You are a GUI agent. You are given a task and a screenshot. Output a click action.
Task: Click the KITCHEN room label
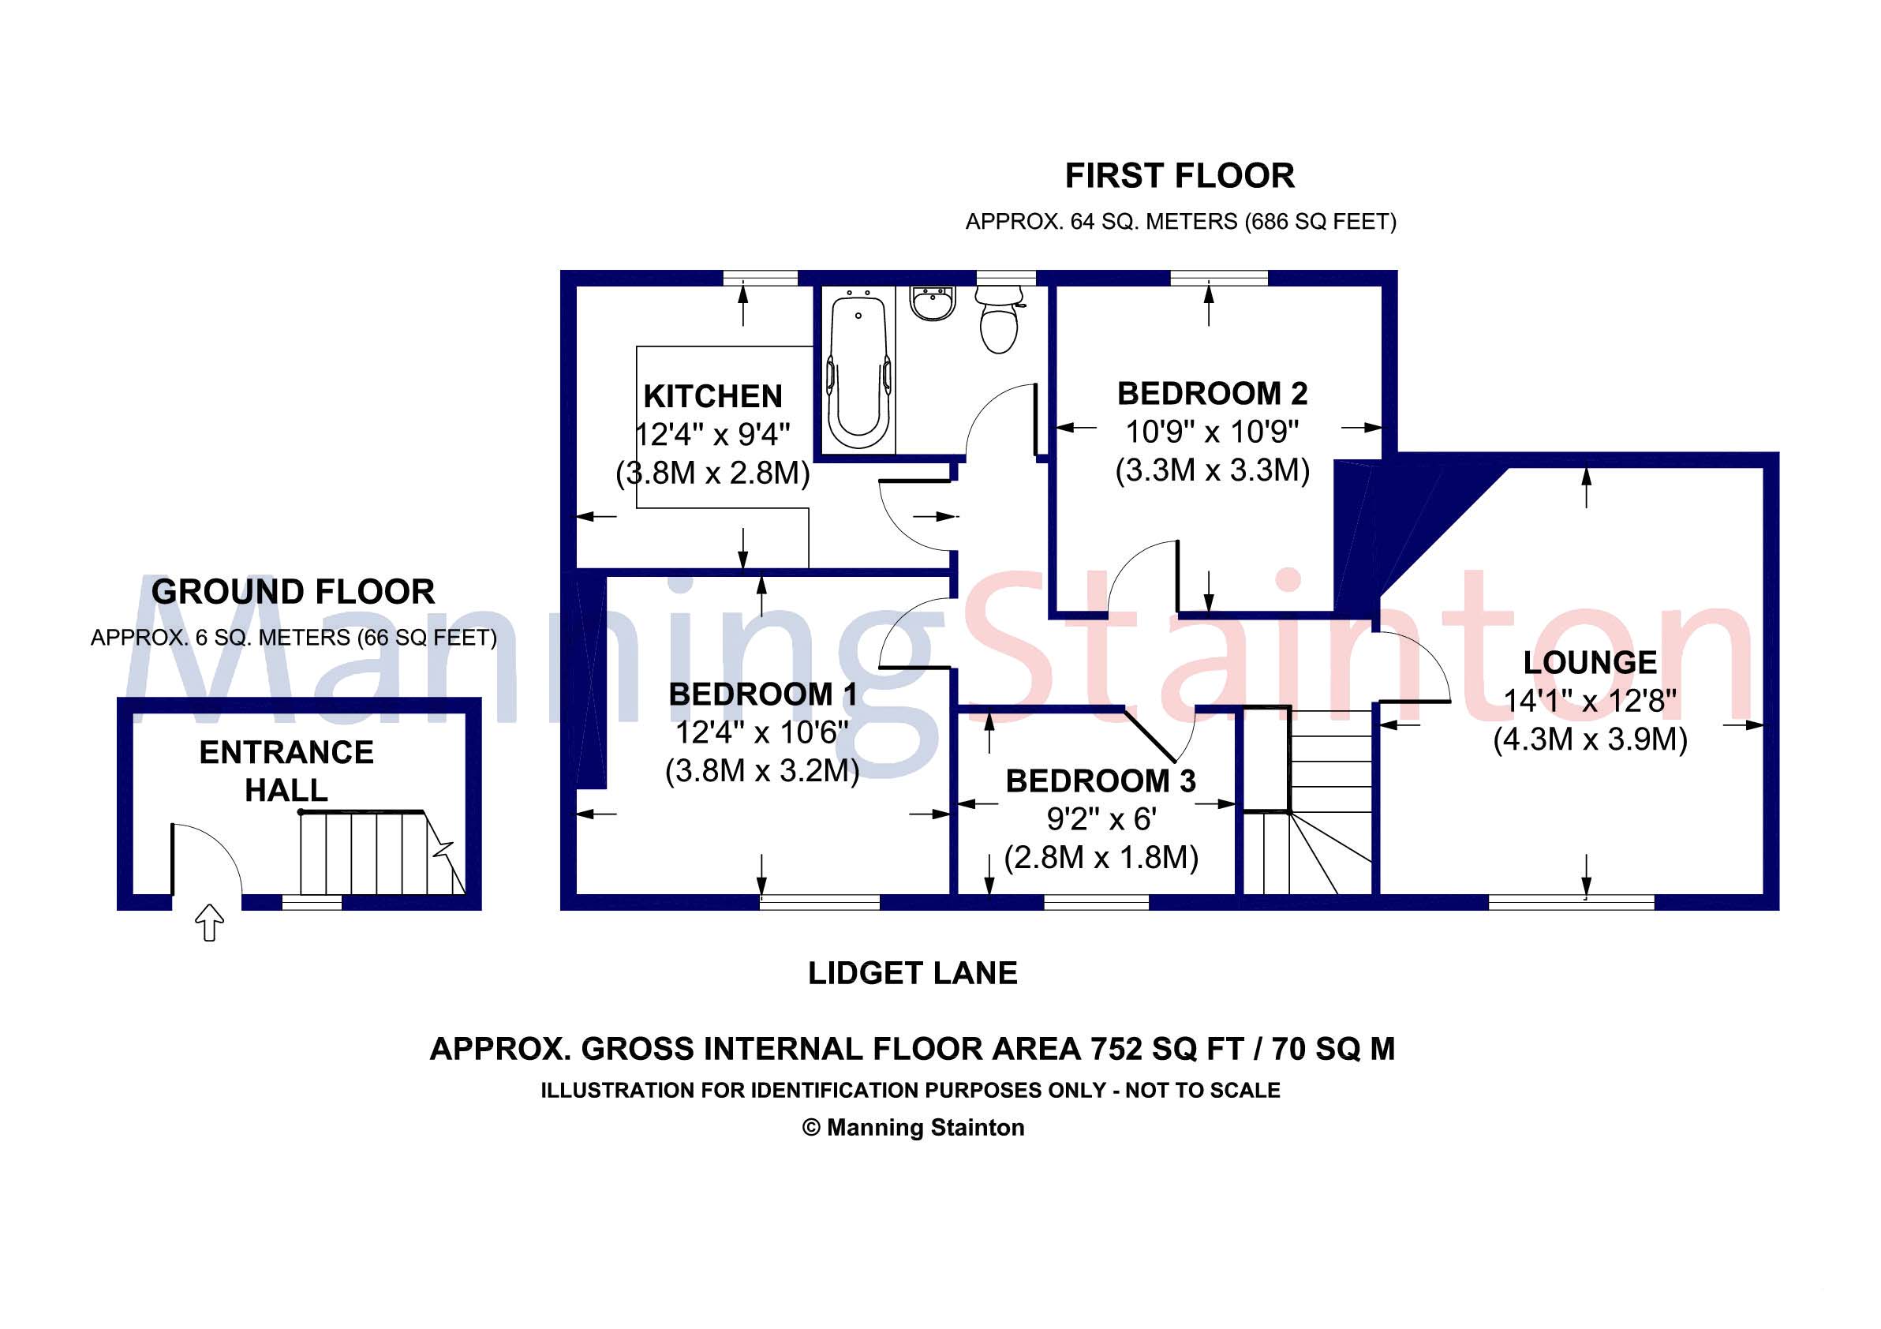(x=712, y=397)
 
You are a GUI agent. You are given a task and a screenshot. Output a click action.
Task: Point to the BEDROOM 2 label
(x=1212, y=394)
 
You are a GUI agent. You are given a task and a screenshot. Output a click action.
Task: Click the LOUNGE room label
(x=1589, y=662)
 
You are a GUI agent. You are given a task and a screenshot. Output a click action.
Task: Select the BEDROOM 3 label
(x=1100, y=781)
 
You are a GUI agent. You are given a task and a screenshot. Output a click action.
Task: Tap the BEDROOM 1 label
(x=763, y=694)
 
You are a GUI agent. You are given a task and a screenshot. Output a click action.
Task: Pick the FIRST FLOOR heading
(x=1179, y=176)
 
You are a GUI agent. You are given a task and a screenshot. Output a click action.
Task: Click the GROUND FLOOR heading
(x=293, y=592)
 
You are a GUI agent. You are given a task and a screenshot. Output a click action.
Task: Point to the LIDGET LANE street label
(x=912, y=973)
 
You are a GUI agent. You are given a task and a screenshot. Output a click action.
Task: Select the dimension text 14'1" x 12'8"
(x=1589, y=701)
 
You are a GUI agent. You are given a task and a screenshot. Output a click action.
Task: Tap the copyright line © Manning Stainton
(x=913, y=1128)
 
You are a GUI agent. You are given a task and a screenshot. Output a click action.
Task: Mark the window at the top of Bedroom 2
(x=1218, y=279)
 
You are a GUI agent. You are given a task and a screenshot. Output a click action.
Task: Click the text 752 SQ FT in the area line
(x=1167, y=1050)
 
